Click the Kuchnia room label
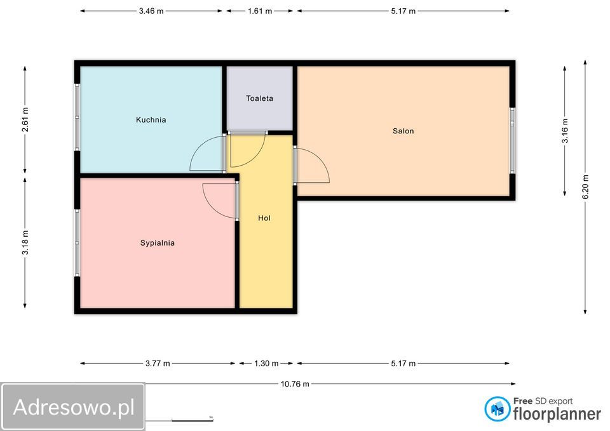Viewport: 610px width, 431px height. pos(151,120)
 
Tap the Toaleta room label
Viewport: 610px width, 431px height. pos(259,98)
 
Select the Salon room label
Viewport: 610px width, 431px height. pos(403,131)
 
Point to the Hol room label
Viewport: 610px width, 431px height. pos(264,218)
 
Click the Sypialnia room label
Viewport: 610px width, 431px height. pos(157,243)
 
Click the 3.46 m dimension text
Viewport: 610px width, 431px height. pos(151,11)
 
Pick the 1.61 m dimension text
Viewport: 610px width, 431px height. pos(260,11)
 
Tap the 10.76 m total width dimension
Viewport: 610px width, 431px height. pos(295,384)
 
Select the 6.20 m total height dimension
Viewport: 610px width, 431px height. pos(585,187)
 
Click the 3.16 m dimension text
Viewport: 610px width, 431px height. pos(565,131)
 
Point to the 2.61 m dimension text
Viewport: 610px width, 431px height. pos(25,119)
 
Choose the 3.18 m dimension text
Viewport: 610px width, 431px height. pos(25,242)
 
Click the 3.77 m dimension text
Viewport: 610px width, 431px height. pos(158,364)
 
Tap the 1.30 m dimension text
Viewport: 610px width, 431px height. pos(266,364)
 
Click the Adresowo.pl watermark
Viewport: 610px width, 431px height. pos(74,407)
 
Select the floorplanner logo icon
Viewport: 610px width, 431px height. pos(497,409)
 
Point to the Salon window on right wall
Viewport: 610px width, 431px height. pos(512,140)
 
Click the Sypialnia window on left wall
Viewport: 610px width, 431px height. pos(77,243)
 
